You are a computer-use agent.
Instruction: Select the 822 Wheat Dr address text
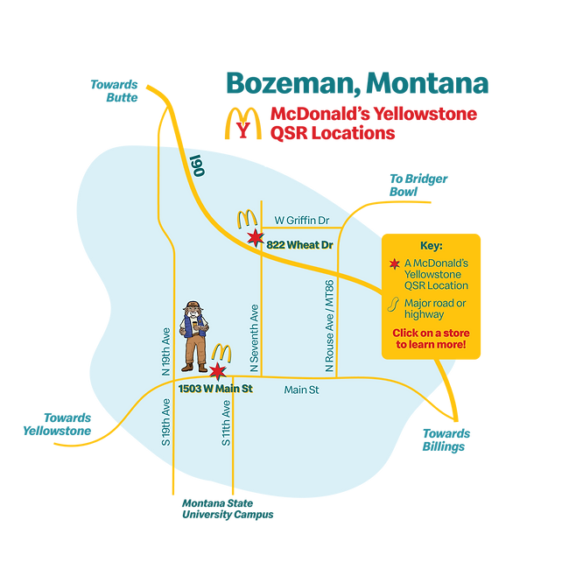(300, 246)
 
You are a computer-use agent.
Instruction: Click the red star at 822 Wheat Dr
(255, 239)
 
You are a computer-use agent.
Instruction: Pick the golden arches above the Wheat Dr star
(246, 218)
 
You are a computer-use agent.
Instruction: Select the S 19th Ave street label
(165, 421)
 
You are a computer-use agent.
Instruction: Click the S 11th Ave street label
(226, 423)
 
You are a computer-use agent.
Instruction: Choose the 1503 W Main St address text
(215, 388)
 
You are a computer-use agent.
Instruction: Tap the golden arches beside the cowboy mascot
(221, 352)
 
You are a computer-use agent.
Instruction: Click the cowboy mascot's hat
(193, 307)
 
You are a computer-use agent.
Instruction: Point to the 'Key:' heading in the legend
(432, 246)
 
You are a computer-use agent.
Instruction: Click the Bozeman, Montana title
(357, 82)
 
